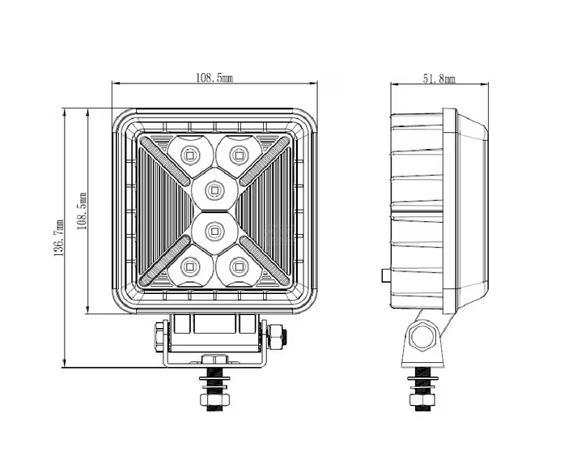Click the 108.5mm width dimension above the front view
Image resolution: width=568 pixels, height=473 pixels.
pyautogui.click(x=214, y=78)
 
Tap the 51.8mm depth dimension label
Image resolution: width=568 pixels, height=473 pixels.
pyautogui.click(x=439, y=79)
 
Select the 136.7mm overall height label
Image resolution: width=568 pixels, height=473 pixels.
pyautogui.click(x=59, y=238)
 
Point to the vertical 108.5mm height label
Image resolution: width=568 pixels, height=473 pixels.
pyautogui.click(x=83, y=211)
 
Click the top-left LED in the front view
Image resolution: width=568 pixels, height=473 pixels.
pyautogui.click(x=189, y=156)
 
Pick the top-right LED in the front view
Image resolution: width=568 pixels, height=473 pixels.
pyautogui.click(x=239, y=156)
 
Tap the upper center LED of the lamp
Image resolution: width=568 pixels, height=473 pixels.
pyautogui.click(x=214, y=190)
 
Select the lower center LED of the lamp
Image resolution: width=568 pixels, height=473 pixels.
pyautogui.click(x=214, y=231)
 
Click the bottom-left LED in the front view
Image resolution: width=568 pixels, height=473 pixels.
pyautogui.click(x=189, y=267)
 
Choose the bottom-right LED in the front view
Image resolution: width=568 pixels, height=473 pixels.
pyautogui.click(x=239, y=267)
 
